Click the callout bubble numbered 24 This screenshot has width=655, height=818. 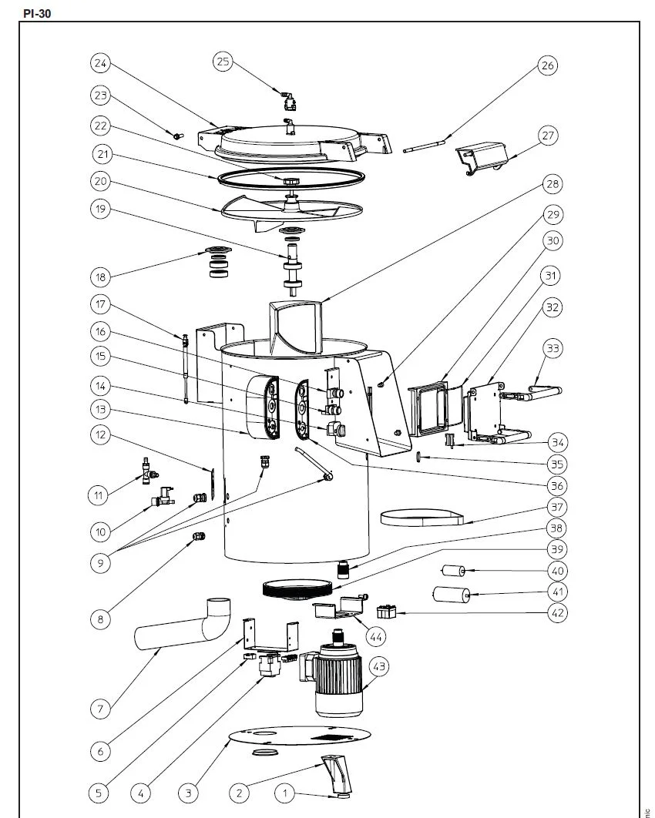click(x=101, y=62)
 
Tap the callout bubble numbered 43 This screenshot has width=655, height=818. click(x=379, y=667)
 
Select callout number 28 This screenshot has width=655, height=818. click(x=553, y=184)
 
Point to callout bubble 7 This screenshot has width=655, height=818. click(x=101, y=709)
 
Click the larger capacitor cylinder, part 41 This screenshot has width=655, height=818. click(x=452, y=595)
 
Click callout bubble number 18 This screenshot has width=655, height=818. click(x=101, y=276)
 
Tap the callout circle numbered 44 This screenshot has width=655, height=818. click(x=377, y=636)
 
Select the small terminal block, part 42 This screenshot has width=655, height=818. click(x=386, y=612)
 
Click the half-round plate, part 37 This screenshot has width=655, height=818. click(x=420, y=517)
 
